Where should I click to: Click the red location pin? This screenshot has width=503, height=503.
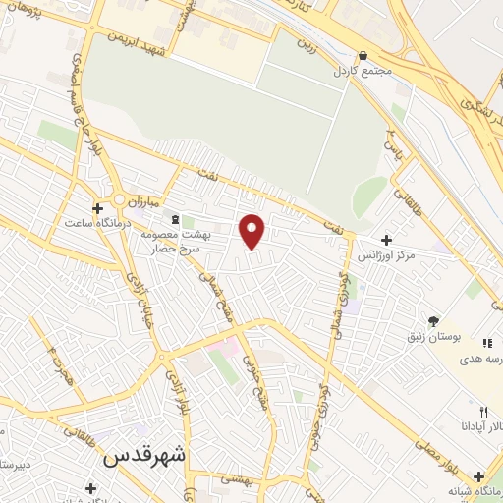pos(252,230)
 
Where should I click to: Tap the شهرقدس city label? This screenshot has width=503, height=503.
pos(143,457)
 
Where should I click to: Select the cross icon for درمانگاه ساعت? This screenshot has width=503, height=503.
pos(97,208)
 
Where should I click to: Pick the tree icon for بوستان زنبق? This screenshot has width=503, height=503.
pos(433,320)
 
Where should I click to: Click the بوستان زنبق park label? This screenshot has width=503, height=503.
pos(435,336)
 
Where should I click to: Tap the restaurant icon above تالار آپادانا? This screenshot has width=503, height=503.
pos(482,412)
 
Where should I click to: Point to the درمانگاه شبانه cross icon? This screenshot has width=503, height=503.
pos(478,475)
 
